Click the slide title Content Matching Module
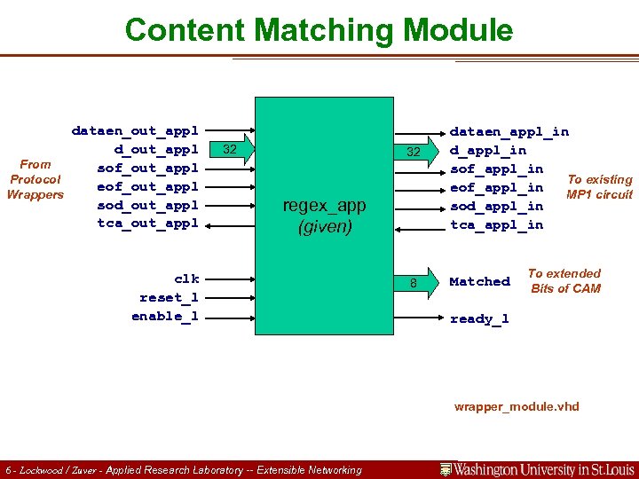[319, 30]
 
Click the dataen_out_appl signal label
[135, 131]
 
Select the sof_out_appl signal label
[147, 169]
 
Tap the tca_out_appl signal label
[147, 224]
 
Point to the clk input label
[186, 279]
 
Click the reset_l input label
[169, 297]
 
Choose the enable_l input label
[165, 316]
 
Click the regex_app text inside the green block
[324, 206]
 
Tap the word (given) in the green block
[324, 227]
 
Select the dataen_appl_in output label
[509, 131]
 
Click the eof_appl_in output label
[497, 187]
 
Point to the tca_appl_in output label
[497, 224]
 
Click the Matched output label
[479, 281]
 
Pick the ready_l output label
[479, 318]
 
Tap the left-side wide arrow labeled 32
[233, 149]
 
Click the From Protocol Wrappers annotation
[35, 179]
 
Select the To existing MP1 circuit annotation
[599, 187]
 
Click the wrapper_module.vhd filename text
[517, 407]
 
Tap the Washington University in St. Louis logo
[538, 468]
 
